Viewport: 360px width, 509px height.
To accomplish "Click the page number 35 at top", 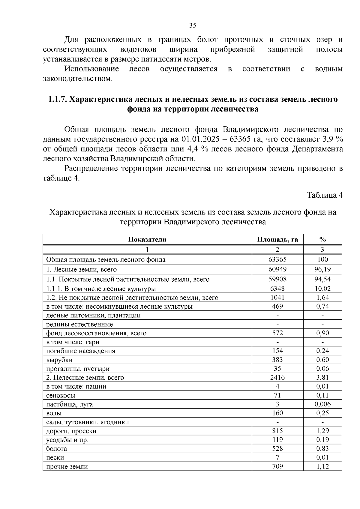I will [x=193, y=25].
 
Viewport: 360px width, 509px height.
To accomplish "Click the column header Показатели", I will [x=147, y=239].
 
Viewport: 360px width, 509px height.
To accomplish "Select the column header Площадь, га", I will [x=277, y=239].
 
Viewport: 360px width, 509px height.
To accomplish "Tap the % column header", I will [x=322, y=239].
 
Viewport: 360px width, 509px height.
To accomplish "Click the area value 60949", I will [x=277, y=269].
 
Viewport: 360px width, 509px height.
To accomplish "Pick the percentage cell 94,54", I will [x=322, y=279].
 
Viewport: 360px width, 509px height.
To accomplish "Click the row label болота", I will [x=57, y=449].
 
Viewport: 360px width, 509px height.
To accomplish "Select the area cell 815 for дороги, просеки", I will [x=277, y=431].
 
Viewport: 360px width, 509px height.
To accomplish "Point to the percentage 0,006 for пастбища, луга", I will [x=322, y=404].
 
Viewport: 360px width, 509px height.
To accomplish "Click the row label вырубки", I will [x=59, y=360].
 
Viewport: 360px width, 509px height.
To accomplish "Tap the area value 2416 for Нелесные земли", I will [x=277, y=378].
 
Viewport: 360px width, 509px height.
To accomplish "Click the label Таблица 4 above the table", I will [x=324, y=195].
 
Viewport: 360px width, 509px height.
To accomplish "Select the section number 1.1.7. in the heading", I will [x=58, y=99].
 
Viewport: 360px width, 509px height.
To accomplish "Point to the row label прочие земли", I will [x=67, y=467].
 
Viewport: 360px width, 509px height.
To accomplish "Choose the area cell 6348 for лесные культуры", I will [x=277, y=289].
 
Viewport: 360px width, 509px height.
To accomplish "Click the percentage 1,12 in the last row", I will [x=322, y=466].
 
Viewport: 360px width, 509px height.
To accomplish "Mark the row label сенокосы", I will [x=61, y=396].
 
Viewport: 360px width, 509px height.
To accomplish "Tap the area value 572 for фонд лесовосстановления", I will [x=277, y=333].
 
